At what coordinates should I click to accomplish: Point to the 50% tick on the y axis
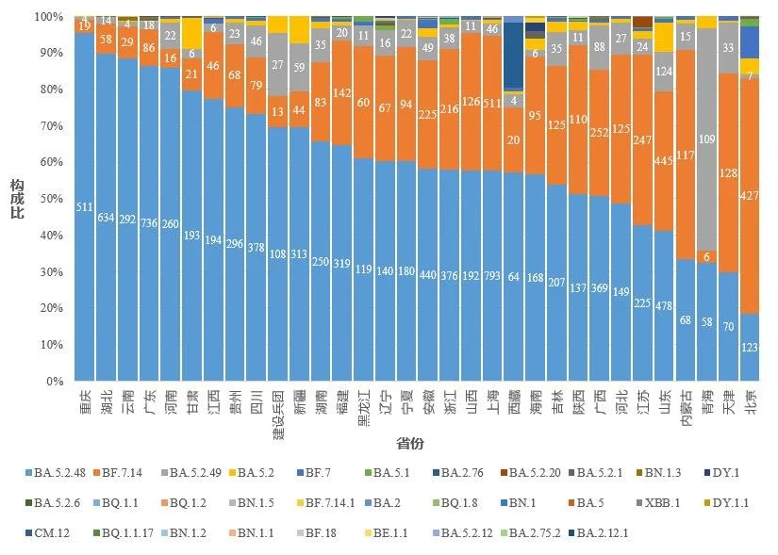pos(47,200)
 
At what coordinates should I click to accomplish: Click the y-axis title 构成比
pos(17,199)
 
